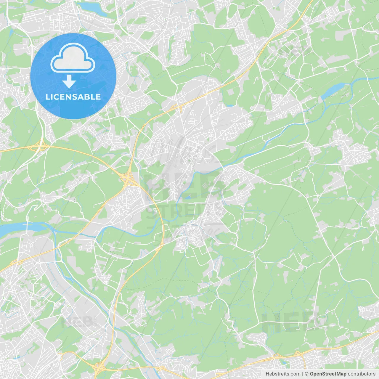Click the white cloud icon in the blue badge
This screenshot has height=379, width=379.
pyautogui.click(x=73, y=58)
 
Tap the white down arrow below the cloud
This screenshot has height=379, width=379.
pyautogui.click(x=69, y=81)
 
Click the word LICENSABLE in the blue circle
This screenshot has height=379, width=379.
pyautogui.click(x=73, y=97)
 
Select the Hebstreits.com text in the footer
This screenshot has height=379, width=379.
pyautogui.click(x=283, y=374)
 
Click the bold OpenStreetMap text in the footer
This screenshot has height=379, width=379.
pyautogui.click(x=328, y=374)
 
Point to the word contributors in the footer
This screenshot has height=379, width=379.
pyautogui.click(x=362, y=374)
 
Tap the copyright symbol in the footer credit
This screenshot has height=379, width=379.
pyautogui.click(x=306, y=374)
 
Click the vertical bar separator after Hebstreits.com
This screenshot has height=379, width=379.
pyautogui.click(x=303, y=374)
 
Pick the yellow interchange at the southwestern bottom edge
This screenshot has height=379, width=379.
pyautogui.click(x=99, y=367)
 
